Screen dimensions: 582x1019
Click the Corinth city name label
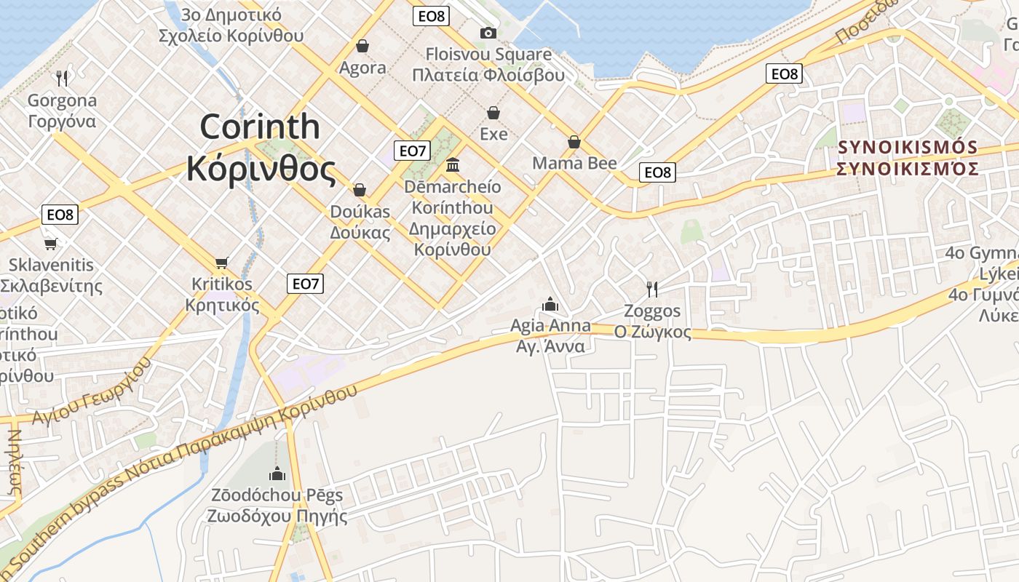pyautogui.click(x=260, y=148)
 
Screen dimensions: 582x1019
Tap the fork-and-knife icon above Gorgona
pyautogui.click(x=62, y=78)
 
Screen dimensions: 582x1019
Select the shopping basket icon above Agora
pyautogui.click(x=362, y=47)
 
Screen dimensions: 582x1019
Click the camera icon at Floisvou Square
pyautogui.click(x=488, y=33)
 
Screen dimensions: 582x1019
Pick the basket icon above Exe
pyautogui.click(x=493, y=113)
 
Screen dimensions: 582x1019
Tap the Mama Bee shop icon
pyautogui.click(x=574, y=142)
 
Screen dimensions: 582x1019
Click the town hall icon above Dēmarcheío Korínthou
pyautogui.click(x=453, y=164)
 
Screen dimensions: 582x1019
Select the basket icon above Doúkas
pyautogui.click(x=360, y=191)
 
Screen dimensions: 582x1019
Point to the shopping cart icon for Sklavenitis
pyautogui.click(x=50, y=244)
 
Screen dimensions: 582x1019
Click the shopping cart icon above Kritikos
pyautogui.click(x=222, y=263)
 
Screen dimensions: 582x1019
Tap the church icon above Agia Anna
pyautogui.click(x=550, y=304)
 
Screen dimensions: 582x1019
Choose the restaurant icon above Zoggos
pyautogui.click(x=652, y=290)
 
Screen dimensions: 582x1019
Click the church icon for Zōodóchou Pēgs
pyautogui.click(x=277, y=474)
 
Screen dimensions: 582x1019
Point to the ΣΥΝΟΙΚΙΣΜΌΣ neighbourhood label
pyautogui.click(x=907, y=169)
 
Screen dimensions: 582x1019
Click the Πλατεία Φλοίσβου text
pyautogui.click(x=488, y=75)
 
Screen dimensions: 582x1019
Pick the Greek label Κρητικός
pyautogui.click(x=222, y=305)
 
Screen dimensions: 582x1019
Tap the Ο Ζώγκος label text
pyautogui.click(x=652, y=332)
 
